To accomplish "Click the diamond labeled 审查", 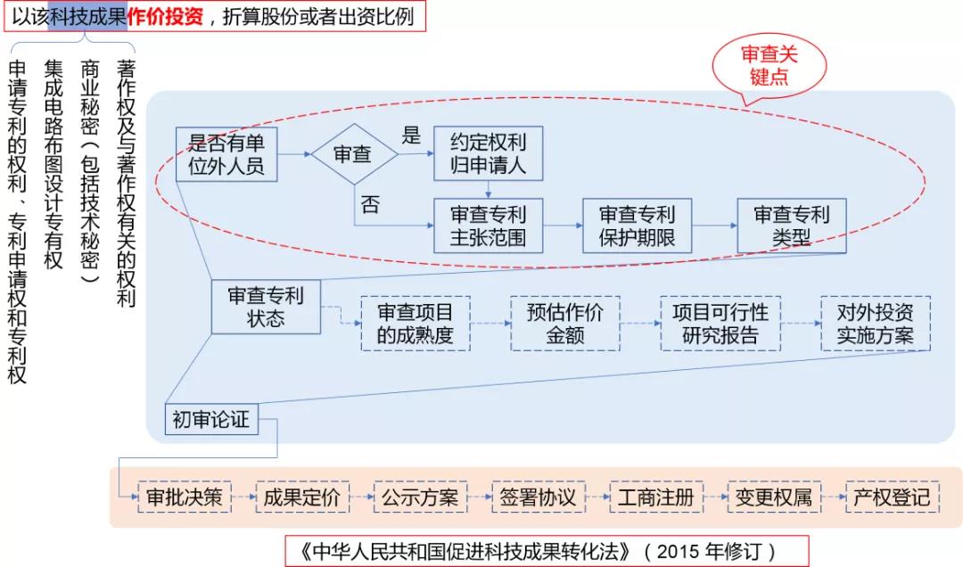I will click(353, 153).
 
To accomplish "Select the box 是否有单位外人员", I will click(226, 153).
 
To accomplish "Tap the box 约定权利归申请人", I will click(488, 153).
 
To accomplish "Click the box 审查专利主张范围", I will click(488, 226).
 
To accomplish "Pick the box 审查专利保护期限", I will click(637, 226).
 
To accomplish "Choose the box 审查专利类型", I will click(791, 226).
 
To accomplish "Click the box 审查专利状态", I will click(266, 307).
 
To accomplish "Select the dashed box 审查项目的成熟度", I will click(415, 324).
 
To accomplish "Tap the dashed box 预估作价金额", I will click(564, 324).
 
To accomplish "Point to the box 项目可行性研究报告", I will click(720, 324).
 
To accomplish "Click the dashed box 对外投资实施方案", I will click(874, 324).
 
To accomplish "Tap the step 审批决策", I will click(185, 497).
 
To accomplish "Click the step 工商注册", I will click(655, 497).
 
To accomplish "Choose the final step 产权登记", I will click(891, 497).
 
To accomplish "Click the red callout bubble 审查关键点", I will click(769, 66).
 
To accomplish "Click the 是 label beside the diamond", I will click(411, 136).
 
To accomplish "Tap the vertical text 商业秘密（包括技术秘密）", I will click(89, 169).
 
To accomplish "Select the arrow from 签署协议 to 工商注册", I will click(597, 497).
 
